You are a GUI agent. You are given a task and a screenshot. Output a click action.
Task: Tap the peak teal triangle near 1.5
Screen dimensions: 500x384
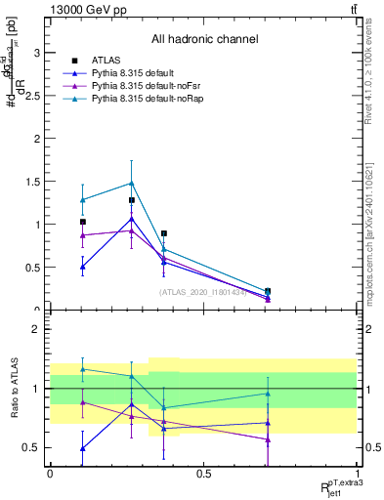point(131,183)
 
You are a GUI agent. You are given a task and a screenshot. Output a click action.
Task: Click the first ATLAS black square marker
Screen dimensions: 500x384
point(83,222)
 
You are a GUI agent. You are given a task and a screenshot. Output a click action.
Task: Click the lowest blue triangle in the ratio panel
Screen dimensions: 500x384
point(83,448)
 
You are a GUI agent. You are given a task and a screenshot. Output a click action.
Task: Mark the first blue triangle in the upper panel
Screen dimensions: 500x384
point(83,267)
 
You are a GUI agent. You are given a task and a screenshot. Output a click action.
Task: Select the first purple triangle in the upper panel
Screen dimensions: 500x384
point(83,235)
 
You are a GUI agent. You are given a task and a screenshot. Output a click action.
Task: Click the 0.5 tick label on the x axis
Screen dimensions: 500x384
point(203,474)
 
